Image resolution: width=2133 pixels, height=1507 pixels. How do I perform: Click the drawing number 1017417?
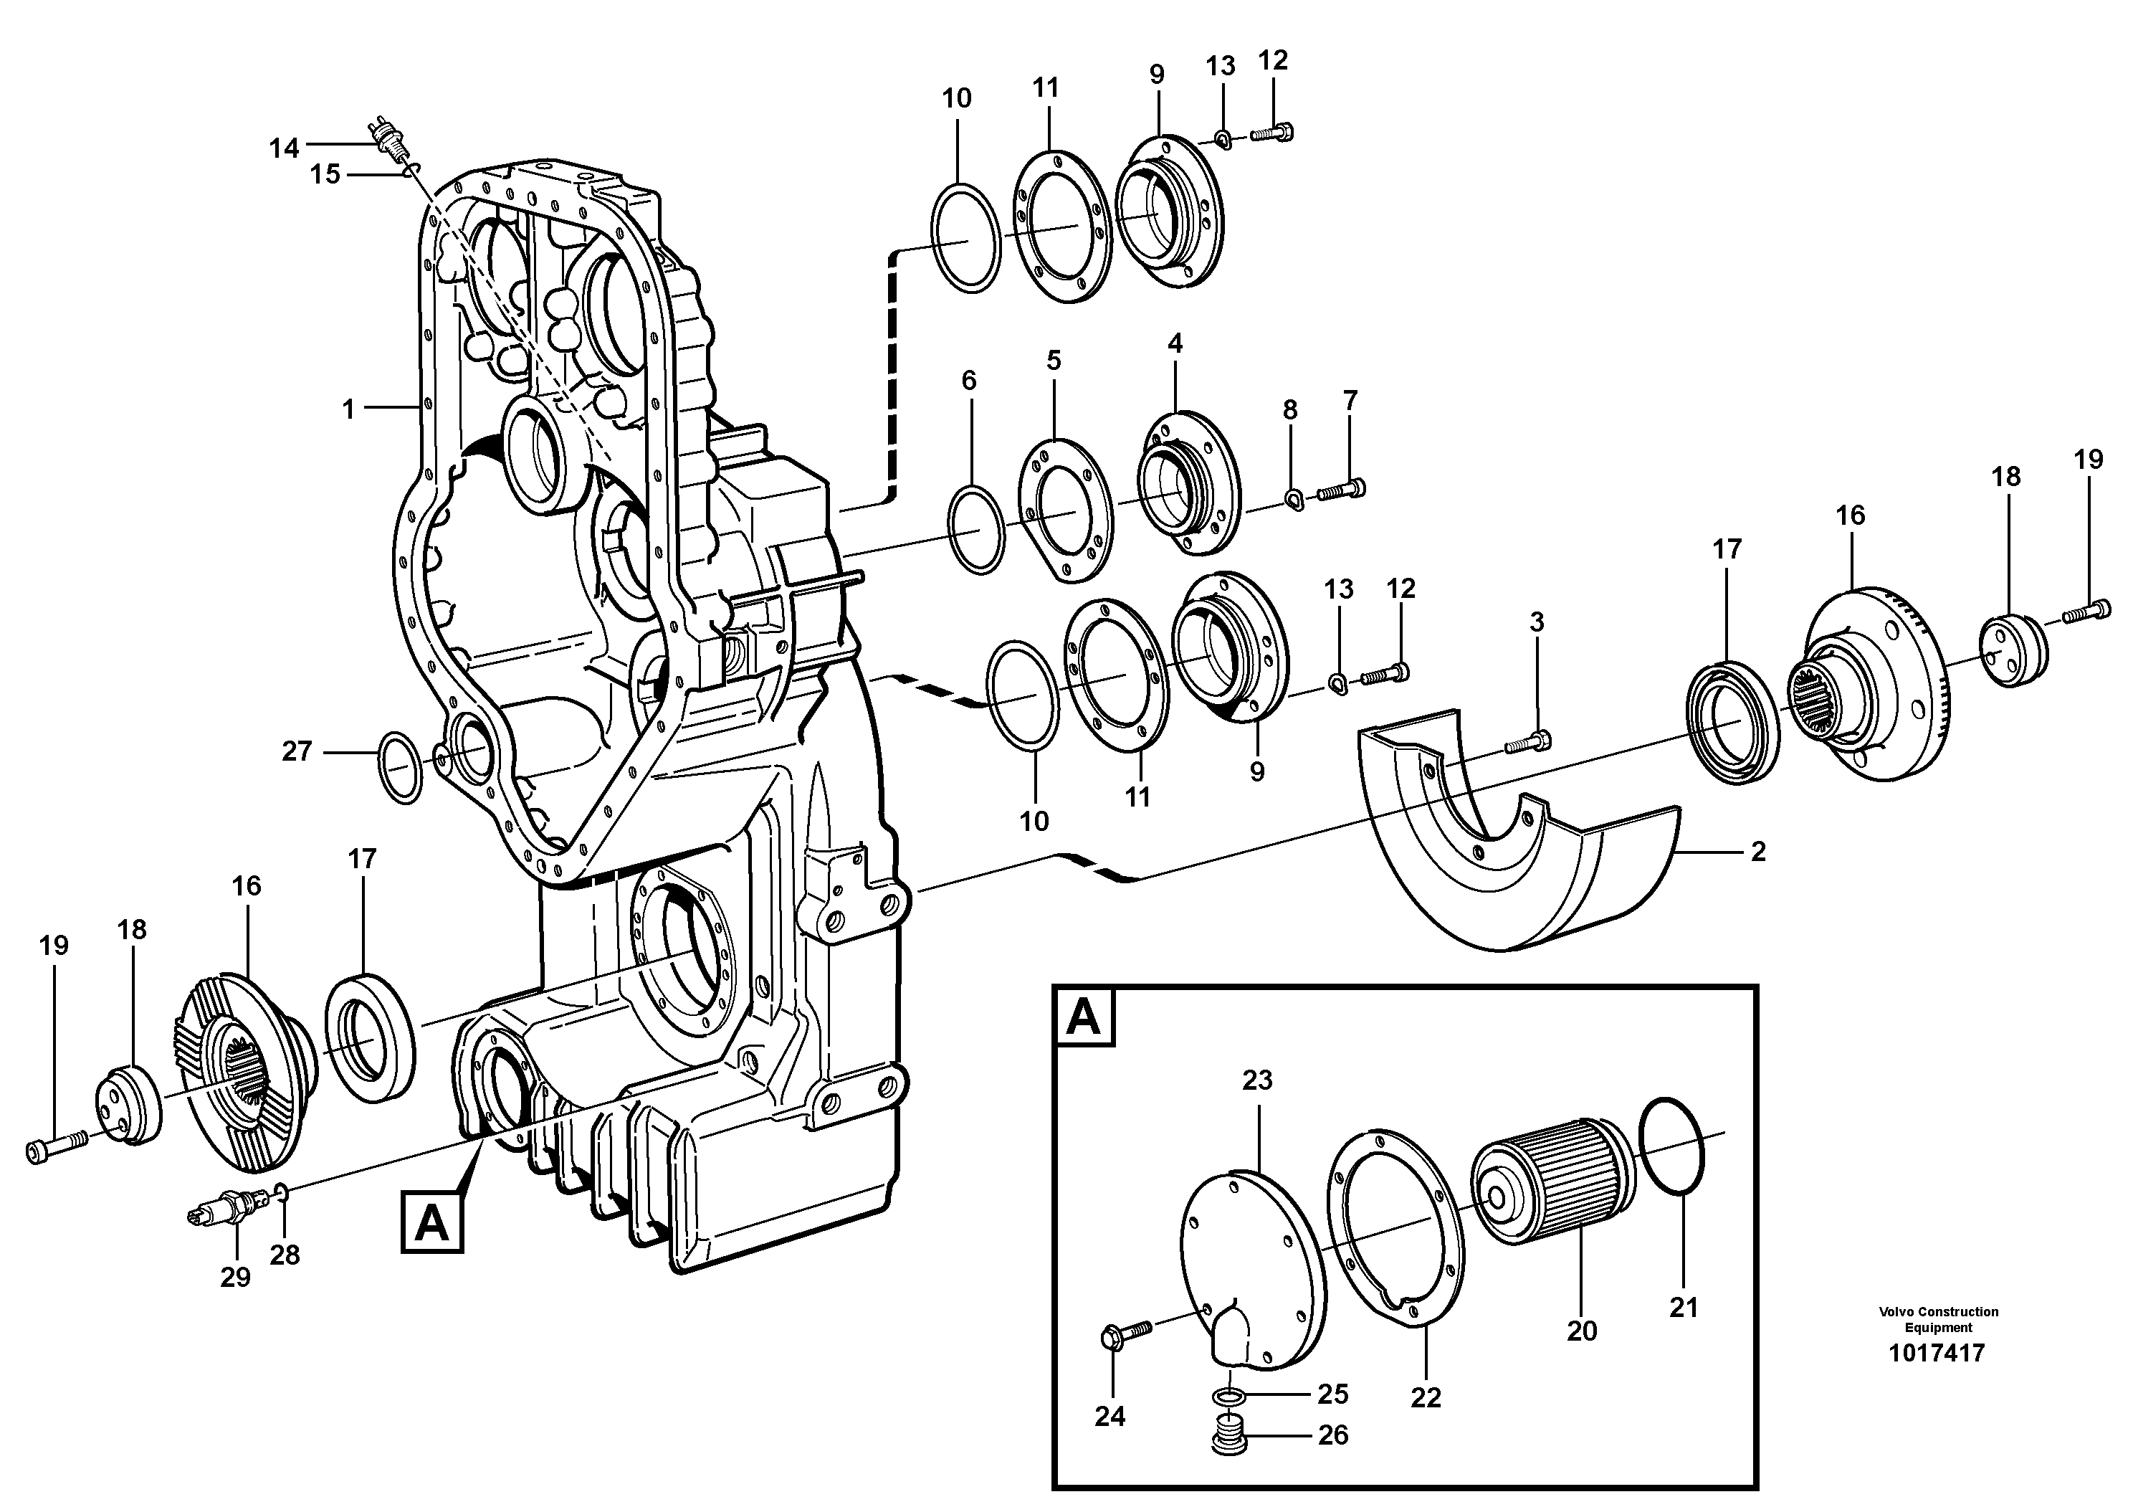pos(1937,1353)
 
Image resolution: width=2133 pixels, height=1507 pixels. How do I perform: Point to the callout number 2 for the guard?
pos(1757,852)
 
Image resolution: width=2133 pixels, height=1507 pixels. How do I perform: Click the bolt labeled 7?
pos(1339,488)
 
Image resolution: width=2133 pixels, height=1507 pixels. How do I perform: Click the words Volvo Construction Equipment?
pos(1938,1319)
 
